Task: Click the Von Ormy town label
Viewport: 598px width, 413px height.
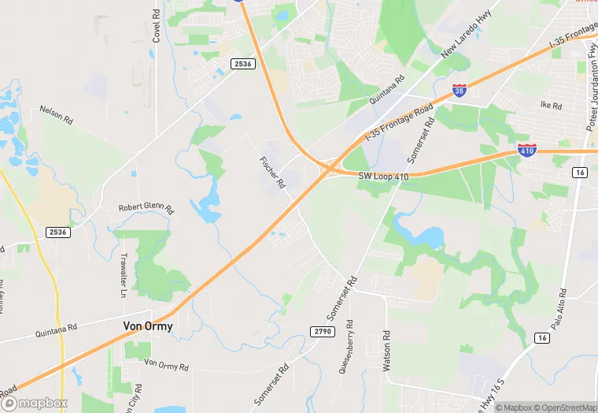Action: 148,326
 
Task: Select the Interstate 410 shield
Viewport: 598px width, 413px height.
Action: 527,149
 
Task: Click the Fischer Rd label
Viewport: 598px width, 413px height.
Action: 272,171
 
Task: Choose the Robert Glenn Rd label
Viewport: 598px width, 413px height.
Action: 146,207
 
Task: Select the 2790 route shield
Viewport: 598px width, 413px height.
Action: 323,331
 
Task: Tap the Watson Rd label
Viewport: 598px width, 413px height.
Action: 386,351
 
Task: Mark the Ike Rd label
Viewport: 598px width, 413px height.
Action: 551,106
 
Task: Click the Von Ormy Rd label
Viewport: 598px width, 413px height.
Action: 167,365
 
